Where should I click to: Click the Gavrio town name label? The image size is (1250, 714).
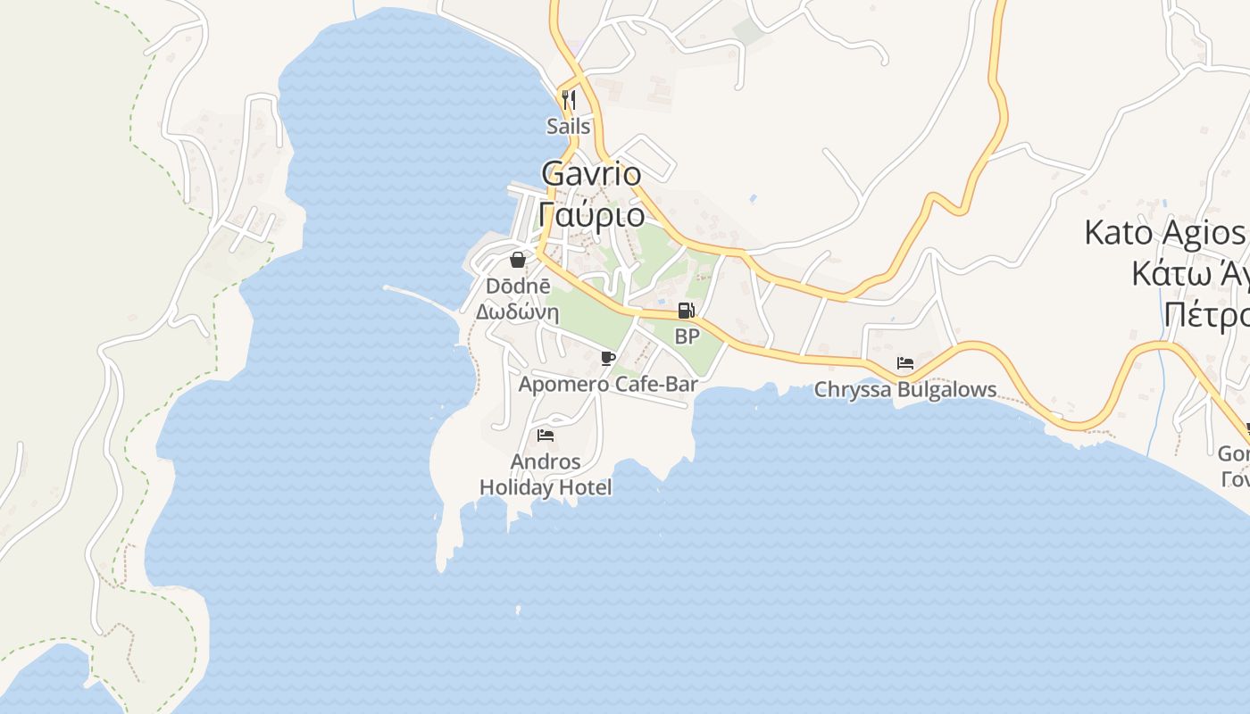pyautogui.click(x=591, y=173)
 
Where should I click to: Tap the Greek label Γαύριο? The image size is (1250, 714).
pyautogui.click(x=591, y=214)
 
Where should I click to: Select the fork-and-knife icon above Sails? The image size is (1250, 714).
pyautogui.click(x=569, y=99)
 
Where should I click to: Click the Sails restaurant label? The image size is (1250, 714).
pyautogui.click(x=569, y=127)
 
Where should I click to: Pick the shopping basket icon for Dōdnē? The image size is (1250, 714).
pyautogui.click(x=517, y=260)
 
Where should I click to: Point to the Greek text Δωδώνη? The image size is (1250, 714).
pyautogui.click(x=517, y=312)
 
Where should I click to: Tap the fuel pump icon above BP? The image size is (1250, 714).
pyautogui.click(x=686, y=311)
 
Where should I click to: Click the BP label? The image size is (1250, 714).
pyautogui.click(x=687, y=336)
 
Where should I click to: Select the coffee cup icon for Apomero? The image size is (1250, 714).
pyautogui.click(x=608, y=358)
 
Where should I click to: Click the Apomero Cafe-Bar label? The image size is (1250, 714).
pyautogui.click(x=608, y=385)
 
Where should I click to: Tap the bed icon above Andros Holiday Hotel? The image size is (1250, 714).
pyautogui.click(x=546, y=436)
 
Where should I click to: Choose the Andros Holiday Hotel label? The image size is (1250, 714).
pyautogui.click(x=546, y=475)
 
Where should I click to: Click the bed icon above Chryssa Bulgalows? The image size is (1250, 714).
pyautogui.click(x=905, y=363)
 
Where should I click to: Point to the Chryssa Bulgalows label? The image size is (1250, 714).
pyautogui.click(x=905, y=390)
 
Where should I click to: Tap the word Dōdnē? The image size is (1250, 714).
pyautogui.click(x=512, y=286)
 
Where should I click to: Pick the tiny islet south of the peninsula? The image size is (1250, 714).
pyautogui.click(x=518, y=610)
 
